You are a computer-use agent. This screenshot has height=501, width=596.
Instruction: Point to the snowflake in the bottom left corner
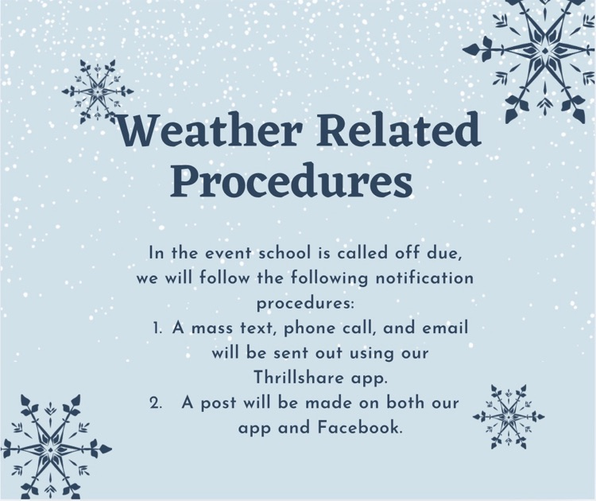(x=52, y=445)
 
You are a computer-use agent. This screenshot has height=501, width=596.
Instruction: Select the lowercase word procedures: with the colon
(x=304, y=304)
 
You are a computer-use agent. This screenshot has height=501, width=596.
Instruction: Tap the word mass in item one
(x=213, y=328)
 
